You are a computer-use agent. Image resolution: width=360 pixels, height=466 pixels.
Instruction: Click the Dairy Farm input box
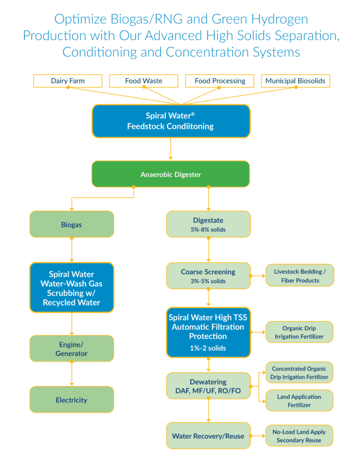click(x=67, y=81)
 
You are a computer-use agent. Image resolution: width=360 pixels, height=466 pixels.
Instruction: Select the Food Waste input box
click(x=143, y=81)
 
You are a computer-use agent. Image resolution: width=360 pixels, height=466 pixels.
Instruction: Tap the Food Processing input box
click(x=220, y=81)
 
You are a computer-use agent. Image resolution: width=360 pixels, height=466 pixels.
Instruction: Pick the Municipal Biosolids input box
click(x=295, y=81)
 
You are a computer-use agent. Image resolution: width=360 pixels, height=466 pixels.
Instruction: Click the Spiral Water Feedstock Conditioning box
click(x=171, y=121)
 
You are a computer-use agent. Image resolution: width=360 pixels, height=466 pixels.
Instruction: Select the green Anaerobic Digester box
click(x=171, y=174)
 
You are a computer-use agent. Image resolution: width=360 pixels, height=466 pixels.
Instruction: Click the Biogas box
click(x=71, y=224)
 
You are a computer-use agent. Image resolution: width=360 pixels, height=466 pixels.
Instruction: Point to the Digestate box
click(x=208, y=224)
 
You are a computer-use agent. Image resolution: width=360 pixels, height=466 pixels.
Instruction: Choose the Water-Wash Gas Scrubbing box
click(x=71, y=288)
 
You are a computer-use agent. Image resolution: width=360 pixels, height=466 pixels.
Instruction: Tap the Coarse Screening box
click(x=208, y=276)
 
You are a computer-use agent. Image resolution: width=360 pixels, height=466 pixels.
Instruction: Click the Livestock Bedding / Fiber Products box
click(x=300, y=276)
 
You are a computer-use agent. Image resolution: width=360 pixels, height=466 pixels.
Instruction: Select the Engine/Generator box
click(x=71, y=349)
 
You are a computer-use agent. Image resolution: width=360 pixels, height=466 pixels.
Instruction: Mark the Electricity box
click(x=71, y=400)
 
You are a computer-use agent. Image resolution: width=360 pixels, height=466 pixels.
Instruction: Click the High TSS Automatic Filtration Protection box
click(x=208, y=332)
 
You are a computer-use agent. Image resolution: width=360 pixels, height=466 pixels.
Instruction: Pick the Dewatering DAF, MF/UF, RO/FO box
click(x=208, y=386)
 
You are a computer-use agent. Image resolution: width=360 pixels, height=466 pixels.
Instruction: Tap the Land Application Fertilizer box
click(x=299, y=401)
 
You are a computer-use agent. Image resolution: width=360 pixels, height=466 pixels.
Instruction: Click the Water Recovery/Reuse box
click(x=208, y=436)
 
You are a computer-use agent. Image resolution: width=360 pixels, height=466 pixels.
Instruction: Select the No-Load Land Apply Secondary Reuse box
click(x=299, y=436)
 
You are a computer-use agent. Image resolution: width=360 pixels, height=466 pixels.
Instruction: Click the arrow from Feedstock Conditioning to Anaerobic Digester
click(x=171, y=149)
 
